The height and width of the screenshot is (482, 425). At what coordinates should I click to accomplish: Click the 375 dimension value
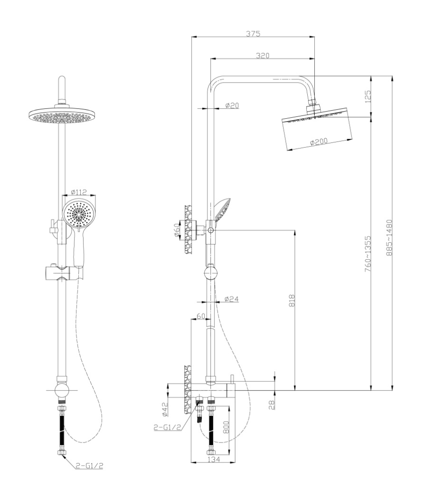(x=253, y=34)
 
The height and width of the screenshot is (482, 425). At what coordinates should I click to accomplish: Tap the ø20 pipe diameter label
(x=232, y=105)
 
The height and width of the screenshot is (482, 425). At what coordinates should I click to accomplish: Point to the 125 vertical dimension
(x=368, y=96)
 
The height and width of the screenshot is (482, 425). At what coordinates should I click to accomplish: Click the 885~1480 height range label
(x=389, y=237)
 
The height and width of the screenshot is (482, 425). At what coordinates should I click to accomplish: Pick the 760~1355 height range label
(x=368, y=254)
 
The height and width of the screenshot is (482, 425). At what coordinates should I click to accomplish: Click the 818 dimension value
(x=292, y=300)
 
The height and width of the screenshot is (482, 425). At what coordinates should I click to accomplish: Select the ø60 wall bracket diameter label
(x=177, y=230)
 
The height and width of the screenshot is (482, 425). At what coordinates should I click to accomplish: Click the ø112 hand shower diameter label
(x=79, y=192)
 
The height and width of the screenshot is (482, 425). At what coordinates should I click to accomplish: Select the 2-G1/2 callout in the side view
(x=167, y=427)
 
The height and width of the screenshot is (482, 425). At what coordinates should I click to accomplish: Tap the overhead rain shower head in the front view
(x=62, y=115)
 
